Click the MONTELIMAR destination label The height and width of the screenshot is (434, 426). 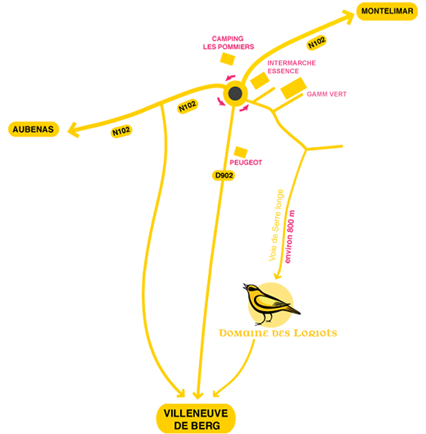[387, 11]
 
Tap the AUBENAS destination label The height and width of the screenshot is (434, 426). [33, 129]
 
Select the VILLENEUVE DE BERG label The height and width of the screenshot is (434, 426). [196, 419]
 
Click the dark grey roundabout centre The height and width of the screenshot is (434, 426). [235, 94]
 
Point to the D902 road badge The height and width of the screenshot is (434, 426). [224, 175]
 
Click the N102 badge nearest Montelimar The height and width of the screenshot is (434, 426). [317, 42]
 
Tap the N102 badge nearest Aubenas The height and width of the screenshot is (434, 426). [121, 131]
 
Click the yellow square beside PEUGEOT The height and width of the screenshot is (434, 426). [241, 152]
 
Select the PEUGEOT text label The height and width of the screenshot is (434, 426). [246, 162]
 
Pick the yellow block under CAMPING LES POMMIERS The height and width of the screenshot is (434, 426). [228, 59]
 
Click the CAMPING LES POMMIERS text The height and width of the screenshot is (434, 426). [228, 42]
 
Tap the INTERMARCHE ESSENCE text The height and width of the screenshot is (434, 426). [291, 67]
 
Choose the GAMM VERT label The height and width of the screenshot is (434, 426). [326, 94]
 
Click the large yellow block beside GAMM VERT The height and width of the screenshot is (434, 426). [293, 88]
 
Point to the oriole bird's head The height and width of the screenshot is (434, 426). [251, 288]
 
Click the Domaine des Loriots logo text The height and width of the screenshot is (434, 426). [277, 333]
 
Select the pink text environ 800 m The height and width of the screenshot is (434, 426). [290, 237]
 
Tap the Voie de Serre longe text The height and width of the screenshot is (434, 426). [276, 225]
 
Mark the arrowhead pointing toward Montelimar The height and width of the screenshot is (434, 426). [348, 17]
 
